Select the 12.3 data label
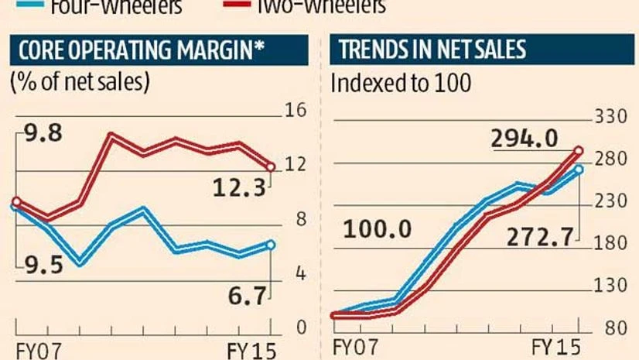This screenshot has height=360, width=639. click(239, 187)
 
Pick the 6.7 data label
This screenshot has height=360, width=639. click(247, 294)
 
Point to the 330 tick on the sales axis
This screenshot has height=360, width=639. click(609, 117)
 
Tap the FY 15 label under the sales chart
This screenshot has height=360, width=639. click(555, 346)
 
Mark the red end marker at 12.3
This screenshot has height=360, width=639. click(270, 166)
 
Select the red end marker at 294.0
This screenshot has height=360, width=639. click(578, 151)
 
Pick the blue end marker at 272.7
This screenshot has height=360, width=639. click(578, 170)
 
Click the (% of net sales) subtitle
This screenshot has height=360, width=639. click(79, 83)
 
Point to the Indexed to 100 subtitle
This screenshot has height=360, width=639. click(400, 83)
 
